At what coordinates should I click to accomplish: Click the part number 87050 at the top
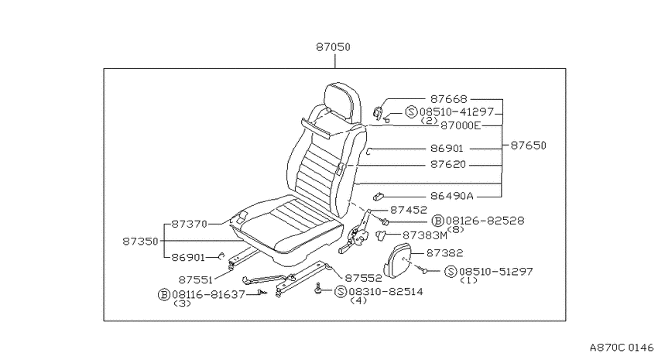(x=333, y=47)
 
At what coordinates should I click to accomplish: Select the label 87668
(x=448, y=99)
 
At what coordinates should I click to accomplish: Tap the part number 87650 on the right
(x=528, y=146)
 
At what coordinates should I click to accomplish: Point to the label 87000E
(x=460, y=125)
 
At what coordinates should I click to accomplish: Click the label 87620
(x=448, y=164)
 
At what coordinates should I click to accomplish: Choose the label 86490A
(x=451, y=196)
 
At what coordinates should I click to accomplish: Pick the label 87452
(x=408, y=210)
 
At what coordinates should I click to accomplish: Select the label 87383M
(x=425, y=236)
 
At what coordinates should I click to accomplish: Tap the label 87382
(x=445, y=253)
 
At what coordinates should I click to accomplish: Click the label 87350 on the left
(x=141, y=242)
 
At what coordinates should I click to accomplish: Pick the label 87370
(x=190, y=225)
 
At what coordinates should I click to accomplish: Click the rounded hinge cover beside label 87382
(x=397, y=260)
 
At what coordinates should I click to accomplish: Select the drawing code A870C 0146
(x=622, y=348)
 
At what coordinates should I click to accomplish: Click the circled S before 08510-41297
(x=411, y=112)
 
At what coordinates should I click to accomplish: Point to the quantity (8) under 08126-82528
(x=456, y=229)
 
